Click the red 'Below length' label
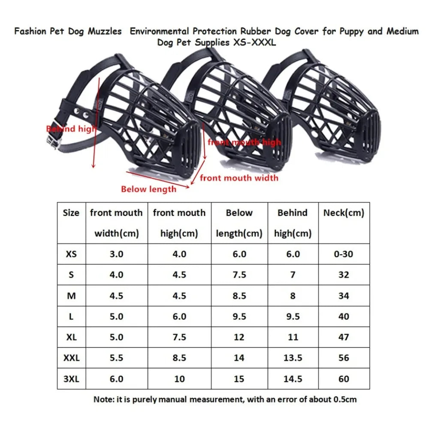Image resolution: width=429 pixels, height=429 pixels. pyautogui.click(x=148, y=189)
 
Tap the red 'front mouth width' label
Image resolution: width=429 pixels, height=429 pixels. pyautogui.click(x=239, y=178)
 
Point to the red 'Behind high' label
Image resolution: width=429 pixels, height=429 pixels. pyautogui.click(x=71, y=129)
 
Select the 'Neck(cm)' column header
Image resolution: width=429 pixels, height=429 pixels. pyautogui.click(x=344, y=213)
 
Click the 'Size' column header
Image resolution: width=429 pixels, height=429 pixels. pyautogui.click(x=71, y=213)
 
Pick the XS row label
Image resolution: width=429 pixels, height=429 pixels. pyautogui.click(x=71, y=254)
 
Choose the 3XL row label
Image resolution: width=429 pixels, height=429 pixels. pyautogui.click(x=71, y=379)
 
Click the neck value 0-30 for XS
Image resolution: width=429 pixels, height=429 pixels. pyautogui.click(x=344, y=254)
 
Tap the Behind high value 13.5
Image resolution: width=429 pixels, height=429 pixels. pyautogui.click(x=293, y=358)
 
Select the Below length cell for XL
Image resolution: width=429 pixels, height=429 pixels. pyautogui.click(x=239, y=337)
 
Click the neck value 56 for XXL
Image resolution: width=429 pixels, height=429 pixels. pyautogui.click(x=344, y=358)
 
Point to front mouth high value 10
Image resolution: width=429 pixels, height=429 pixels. pyautogui.click(x=179, y=379)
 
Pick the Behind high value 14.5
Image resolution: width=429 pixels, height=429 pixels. pyautogui.click(x=293, y=379)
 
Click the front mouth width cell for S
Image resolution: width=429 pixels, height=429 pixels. pyautogui.click(x=117, y=275)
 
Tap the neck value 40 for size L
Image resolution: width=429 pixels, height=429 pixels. pyautogui.click(x=344, y=317)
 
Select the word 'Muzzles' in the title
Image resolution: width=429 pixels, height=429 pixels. pyautogui.click(x=105, y=31)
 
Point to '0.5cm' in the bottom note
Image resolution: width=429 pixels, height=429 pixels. pyautogui.click(x=345, y=399)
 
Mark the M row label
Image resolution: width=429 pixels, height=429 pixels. pyautogui.click(x=71, y=296)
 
